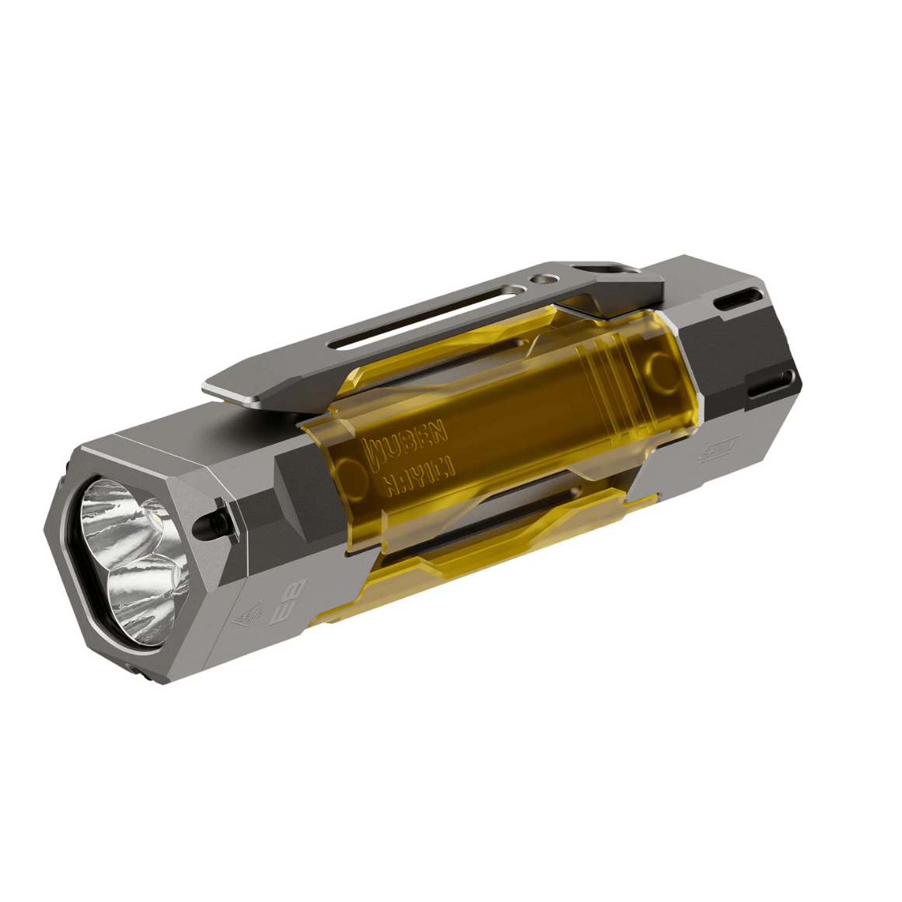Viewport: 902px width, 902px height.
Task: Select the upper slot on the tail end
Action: (x=735, y=300)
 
